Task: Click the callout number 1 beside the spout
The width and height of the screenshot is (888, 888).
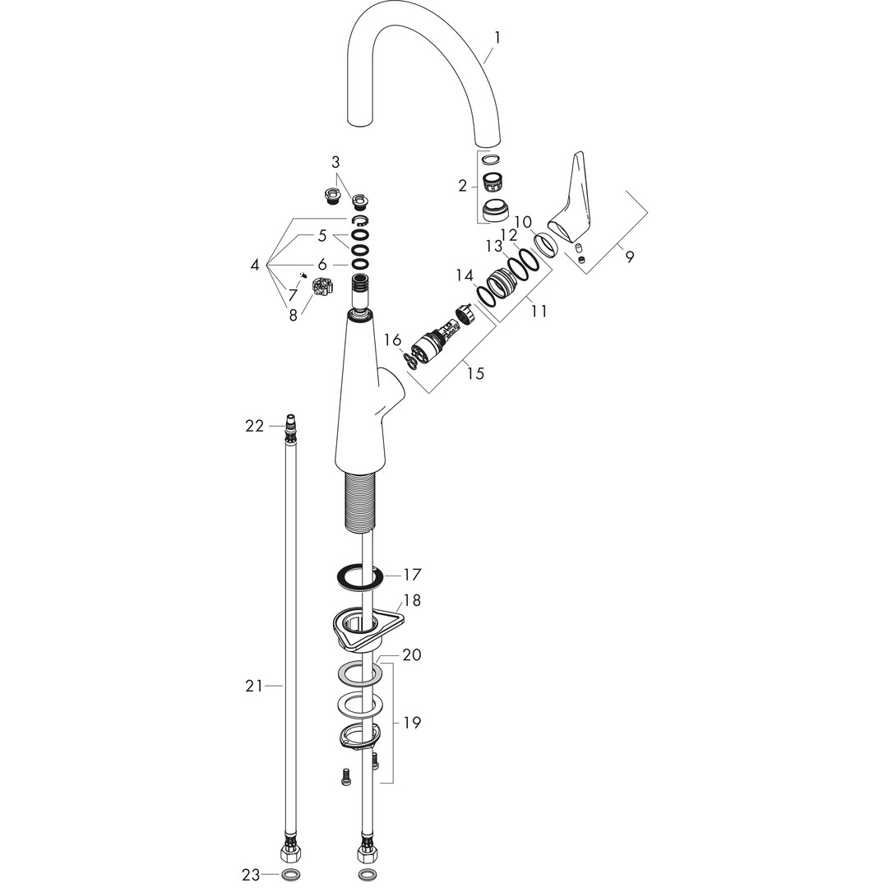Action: (497, 39)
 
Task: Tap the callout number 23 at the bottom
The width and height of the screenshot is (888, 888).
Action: (250, 875)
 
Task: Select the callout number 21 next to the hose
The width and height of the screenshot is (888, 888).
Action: (254, 687)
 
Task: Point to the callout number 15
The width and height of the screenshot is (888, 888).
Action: (476, 373)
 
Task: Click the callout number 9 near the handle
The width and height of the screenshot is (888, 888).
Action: (630, 257)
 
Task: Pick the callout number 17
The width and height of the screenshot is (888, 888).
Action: (412, 575)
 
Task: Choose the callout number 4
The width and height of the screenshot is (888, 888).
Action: (255, 265)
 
